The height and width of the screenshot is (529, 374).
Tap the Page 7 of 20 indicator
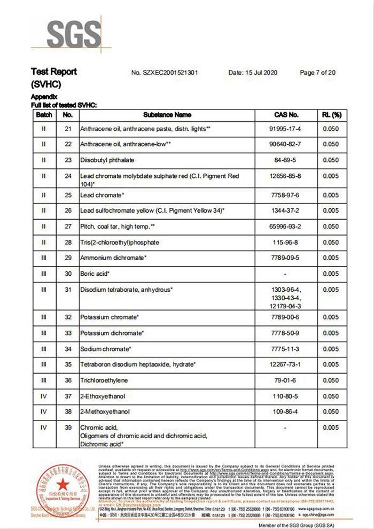317,72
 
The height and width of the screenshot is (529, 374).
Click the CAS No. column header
286,115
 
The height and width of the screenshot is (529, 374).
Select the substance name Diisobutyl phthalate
107,160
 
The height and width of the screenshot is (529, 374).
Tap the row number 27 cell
67,227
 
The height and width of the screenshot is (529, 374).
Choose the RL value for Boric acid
331,274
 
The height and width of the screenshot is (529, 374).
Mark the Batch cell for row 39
44,427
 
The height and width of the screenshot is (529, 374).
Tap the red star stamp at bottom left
63,487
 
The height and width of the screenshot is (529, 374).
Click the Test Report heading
54,72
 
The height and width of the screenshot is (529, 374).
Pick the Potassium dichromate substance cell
112,333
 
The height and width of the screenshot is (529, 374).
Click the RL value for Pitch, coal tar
331,227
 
